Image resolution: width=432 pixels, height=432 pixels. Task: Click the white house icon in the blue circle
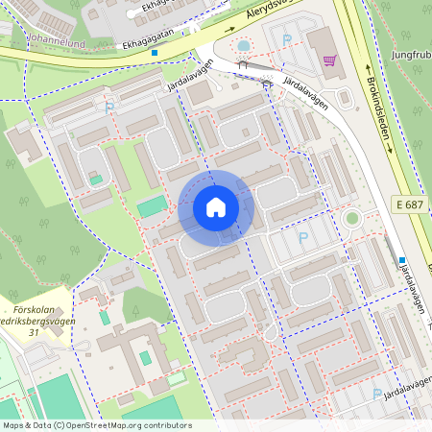pyautogui.click(x=216, y=207)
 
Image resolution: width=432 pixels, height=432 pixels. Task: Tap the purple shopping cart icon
pyautogui.click(x=330, y=60)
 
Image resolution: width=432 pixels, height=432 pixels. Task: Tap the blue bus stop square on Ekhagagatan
pyautogui.click(x=153, y=53)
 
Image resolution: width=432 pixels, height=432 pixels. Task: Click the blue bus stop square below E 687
pyautogui.click(x=402, y=260)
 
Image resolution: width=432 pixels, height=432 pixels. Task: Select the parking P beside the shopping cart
pyautogui.click(x=287, y=39)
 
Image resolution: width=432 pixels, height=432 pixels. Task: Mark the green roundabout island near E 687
pyautogui.click(x=352, y=219)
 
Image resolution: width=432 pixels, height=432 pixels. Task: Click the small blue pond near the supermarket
pyautogui.click(x=243, y=45)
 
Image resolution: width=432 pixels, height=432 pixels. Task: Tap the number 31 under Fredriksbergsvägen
pyautogui.click(x=36, y=332)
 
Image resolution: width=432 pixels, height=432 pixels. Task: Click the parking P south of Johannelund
pyautogui.click(x=109, y=108)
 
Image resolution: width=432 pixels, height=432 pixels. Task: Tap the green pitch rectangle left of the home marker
pyautogui.click(x=151, y=206)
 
